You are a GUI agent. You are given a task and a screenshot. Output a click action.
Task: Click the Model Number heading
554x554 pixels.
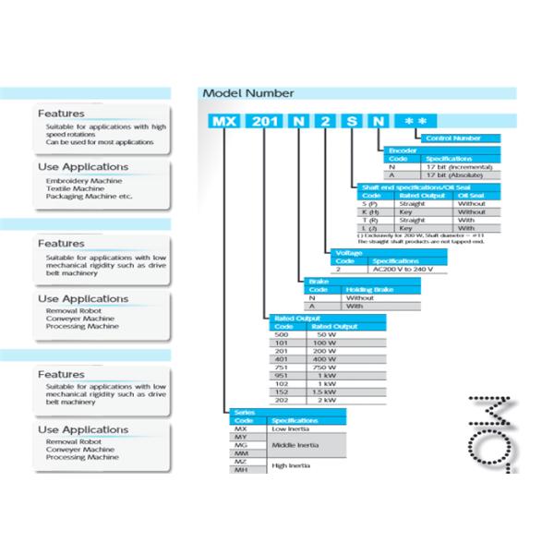point(247,93)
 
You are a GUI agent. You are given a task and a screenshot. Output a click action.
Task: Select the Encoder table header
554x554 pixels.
point(400,151)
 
